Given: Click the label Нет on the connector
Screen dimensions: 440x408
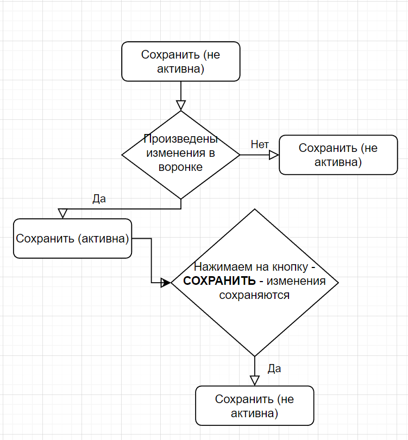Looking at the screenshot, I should pos(260,144).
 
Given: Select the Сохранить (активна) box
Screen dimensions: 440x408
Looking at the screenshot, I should pos(72,239).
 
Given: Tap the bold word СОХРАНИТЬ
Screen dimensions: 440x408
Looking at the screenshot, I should pos(219,281).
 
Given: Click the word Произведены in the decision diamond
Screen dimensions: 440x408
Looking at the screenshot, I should pos(180,139).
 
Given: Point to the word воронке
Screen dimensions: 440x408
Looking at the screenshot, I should pos(180,167).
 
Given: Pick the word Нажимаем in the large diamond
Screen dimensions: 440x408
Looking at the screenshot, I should pos(218,267).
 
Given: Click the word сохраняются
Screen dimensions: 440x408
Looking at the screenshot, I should pos(254,295).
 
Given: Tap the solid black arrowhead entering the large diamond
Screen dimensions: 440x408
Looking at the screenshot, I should pos(166,282).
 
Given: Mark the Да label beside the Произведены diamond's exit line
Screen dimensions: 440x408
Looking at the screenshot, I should pos(99,199).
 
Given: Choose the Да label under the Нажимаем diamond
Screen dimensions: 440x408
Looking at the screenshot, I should pos(274,369).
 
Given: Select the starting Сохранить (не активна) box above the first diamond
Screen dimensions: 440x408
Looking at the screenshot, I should pos(180,62).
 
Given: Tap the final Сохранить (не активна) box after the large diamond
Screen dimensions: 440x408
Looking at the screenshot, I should pos(254,406).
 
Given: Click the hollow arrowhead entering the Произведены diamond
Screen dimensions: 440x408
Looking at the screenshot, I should pos(181,105).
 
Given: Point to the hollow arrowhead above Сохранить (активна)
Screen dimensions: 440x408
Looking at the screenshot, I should pos(63,213).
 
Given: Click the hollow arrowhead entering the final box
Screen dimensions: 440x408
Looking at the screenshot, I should pos(254,380).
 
